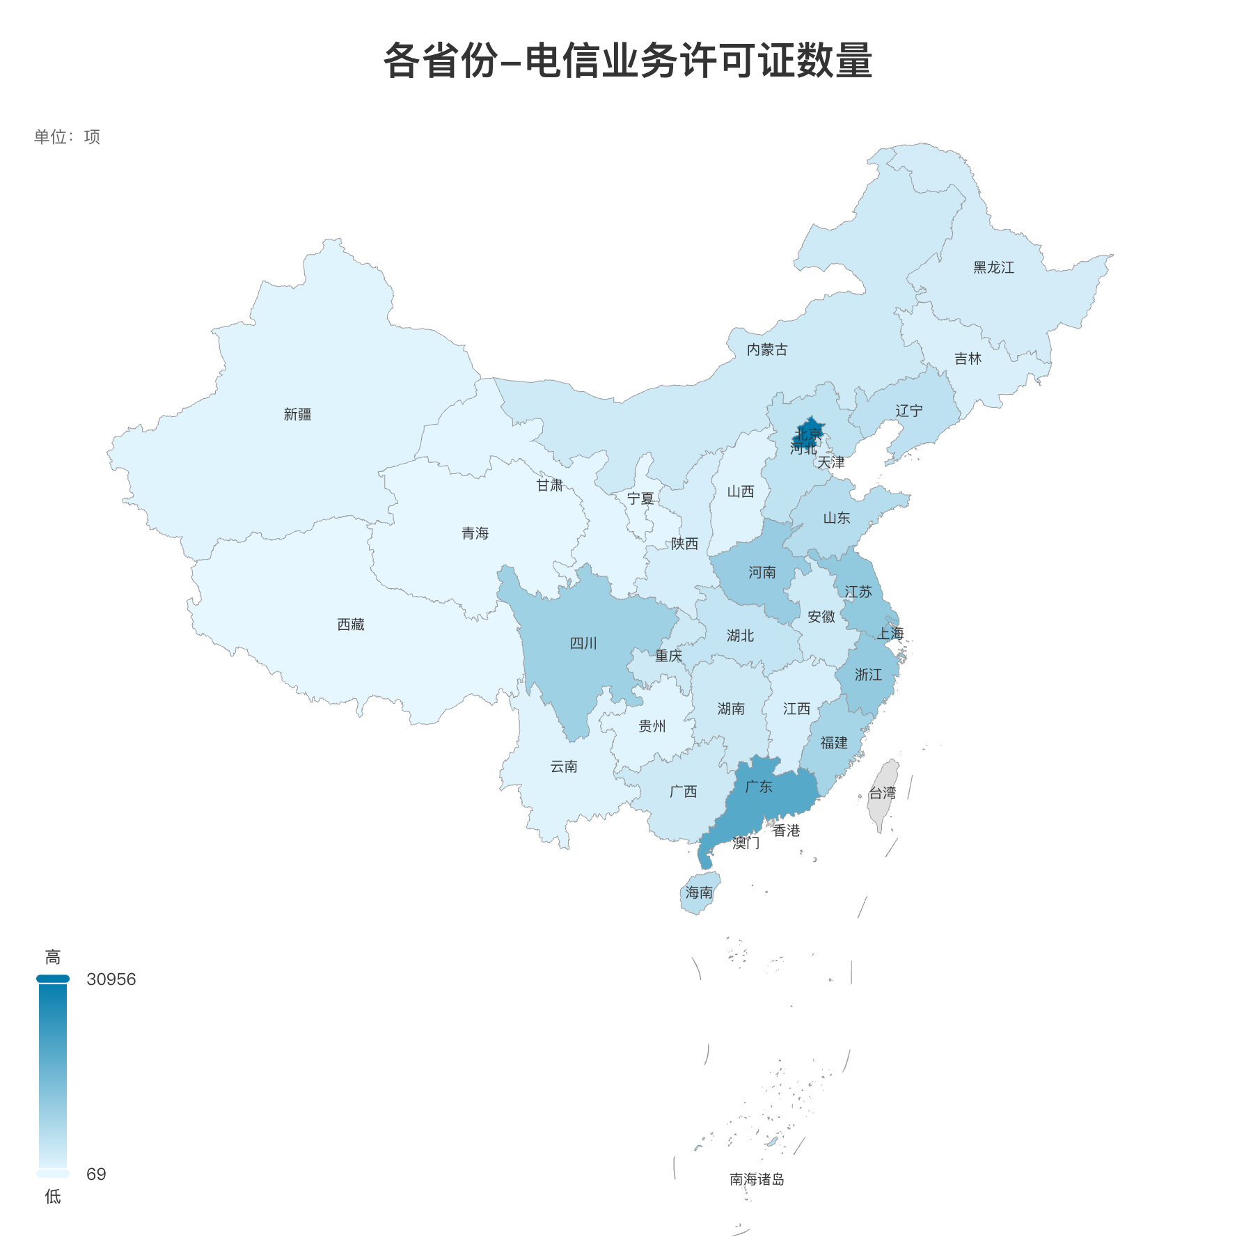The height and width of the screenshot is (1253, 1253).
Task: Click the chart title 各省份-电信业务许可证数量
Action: [627, 61]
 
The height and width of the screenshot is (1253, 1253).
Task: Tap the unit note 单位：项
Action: [67, 136]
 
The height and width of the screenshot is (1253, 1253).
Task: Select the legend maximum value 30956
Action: [111, 979]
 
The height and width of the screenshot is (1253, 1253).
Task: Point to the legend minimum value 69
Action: [96, 1174]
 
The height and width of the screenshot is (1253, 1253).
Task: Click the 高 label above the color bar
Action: [53, 957]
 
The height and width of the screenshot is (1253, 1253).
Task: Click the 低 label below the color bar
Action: [53, 1197]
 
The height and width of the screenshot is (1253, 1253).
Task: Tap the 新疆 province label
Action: [297, 415]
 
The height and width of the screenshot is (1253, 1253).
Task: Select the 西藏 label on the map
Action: [351, 624]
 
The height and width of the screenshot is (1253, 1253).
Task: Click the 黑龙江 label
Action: [993, 268]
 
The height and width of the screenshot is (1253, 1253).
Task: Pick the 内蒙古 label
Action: [767, 350]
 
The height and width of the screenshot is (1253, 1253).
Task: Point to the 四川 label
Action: [583, 643]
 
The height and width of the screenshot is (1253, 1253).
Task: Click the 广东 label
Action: [759, 787]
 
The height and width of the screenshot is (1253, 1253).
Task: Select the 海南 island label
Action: [699, 892]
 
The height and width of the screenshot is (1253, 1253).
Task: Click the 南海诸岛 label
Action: [757, 1179]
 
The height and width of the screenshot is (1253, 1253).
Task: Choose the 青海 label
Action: [475, 533]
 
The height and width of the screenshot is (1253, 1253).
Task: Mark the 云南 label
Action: [564, 766]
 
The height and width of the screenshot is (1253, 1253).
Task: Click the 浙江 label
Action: [868, 675]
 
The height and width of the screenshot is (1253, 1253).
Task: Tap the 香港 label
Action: [787, 830]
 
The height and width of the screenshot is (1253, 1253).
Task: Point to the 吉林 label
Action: [968, 359]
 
